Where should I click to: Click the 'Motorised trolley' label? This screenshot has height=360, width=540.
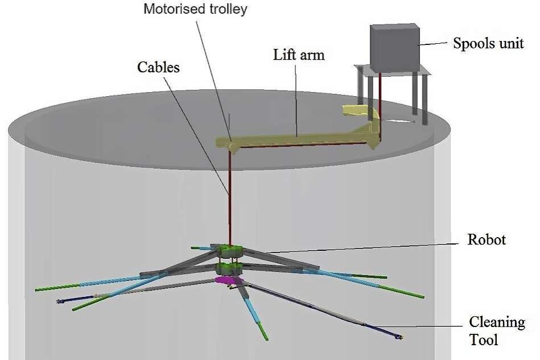pyautogui.click(x=195, y=9)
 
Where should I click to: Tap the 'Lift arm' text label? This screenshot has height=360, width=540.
pyautogui.click(x=299, y=55)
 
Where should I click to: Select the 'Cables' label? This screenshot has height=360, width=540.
pyautogui.click(x=158, y=67)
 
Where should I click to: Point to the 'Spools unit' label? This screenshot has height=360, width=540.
pyautogui.click(x=488, y=43)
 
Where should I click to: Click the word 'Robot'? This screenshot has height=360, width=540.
pyautogui.click(x=487, y=239)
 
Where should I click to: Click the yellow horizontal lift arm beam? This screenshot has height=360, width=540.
pyautogui.click(x=296, y=139)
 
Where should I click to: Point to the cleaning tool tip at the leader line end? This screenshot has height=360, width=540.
pyautogui.click(x=400, y=337)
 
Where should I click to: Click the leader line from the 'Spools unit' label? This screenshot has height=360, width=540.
pyautogui.click(x=435, y=43)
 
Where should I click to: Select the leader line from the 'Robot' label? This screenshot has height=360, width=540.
pyautogui.click(x=364, y=246)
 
